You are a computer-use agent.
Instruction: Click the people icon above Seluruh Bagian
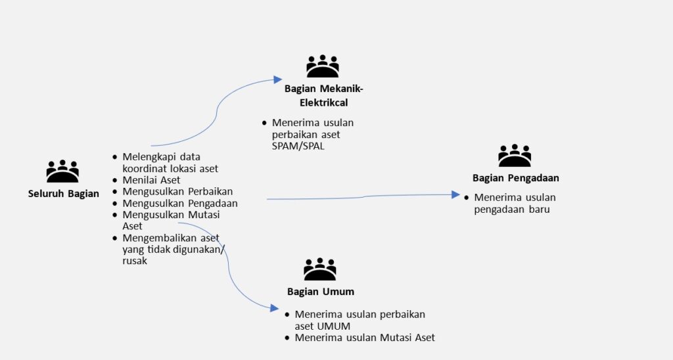(62, 172)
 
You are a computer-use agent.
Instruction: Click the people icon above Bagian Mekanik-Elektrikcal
(323, 67)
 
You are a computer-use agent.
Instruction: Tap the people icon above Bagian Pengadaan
(515, 156)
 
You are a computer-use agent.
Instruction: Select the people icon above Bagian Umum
(320, 270)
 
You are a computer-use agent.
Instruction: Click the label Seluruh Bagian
(64, 193)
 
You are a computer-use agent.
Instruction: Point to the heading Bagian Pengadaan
(515, 177)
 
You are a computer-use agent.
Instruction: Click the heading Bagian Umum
(321, 291)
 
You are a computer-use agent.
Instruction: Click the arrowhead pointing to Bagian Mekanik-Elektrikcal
(278, 79)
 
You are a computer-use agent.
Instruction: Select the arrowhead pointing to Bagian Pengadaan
(455, 194)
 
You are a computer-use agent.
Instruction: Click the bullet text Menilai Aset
(151, 180)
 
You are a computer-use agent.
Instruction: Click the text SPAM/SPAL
(298, 146)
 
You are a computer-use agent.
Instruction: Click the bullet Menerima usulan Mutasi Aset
(365, 338)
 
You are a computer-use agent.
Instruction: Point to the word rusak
(135, 261)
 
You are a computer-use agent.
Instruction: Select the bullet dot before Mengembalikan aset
(116, 238)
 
